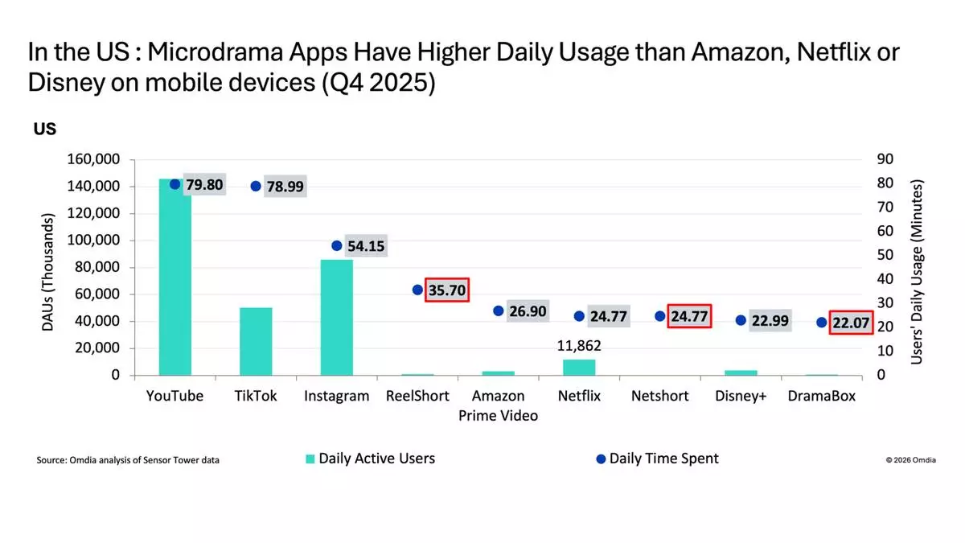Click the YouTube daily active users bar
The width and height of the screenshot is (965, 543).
point(175,278)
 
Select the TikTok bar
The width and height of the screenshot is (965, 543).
point(256,341)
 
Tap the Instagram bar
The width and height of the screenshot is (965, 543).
point(336,317)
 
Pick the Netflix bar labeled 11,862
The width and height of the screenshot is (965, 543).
point(579,367)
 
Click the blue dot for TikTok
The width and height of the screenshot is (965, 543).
point(256,186)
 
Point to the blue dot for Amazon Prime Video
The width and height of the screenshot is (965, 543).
point(499,311)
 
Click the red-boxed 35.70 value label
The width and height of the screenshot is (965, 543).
point(447,290)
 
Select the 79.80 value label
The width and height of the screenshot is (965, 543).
point(204,185)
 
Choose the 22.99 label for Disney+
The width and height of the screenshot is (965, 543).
point(770,320)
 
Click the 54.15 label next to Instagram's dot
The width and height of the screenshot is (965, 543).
point(366,246)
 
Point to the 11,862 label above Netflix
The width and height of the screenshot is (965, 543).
point(578,347)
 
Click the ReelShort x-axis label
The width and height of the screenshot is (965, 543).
point(417,396)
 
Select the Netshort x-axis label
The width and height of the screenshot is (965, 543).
point(659,396)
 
